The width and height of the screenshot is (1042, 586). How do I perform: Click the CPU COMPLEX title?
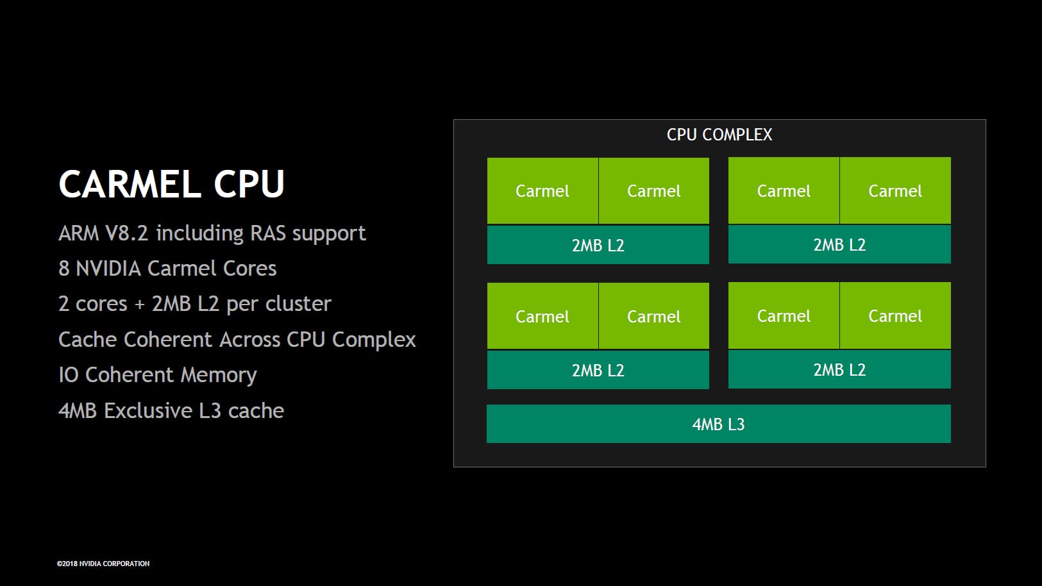(719, 135)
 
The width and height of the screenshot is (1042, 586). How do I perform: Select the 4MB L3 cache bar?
(718, 424)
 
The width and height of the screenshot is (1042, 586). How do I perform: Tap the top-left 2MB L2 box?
(598, 245)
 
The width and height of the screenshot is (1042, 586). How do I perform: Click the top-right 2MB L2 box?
(839, 244)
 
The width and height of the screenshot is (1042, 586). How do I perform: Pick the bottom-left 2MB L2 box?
(598, 370)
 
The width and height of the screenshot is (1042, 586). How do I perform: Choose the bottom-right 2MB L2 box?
(839, 369)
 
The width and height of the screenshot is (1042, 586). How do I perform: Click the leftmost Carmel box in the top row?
(542, 191)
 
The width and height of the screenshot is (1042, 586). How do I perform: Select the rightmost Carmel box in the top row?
(895, 191)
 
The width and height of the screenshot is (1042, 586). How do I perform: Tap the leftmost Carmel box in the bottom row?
(542, 316)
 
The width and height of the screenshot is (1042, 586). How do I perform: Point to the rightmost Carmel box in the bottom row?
(895, 316)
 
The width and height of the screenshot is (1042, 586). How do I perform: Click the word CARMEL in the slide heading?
(130, 185)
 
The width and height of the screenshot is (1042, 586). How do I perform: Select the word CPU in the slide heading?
(249, 185)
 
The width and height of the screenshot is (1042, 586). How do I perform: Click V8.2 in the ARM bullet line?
(126, 233)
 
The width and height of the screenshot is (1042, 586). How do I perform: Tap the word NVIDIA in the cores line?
(108, 269)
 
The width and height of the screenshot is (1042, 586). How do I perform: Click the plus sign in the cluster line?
(140, 305)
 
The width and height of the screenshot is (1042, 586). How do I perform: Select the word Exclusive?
(148, 411)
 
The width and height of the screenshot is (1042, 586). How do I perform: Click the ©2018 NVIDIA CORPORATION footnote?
(103, 564)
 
